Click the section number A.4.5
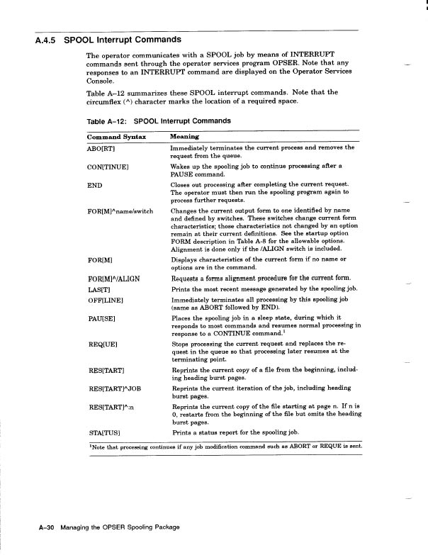(x=46, y=40)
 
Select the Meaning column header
(x=184, y=136)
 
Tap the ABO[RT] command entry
(x=103, y=148)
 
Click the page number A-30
(x=45, y=527)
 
